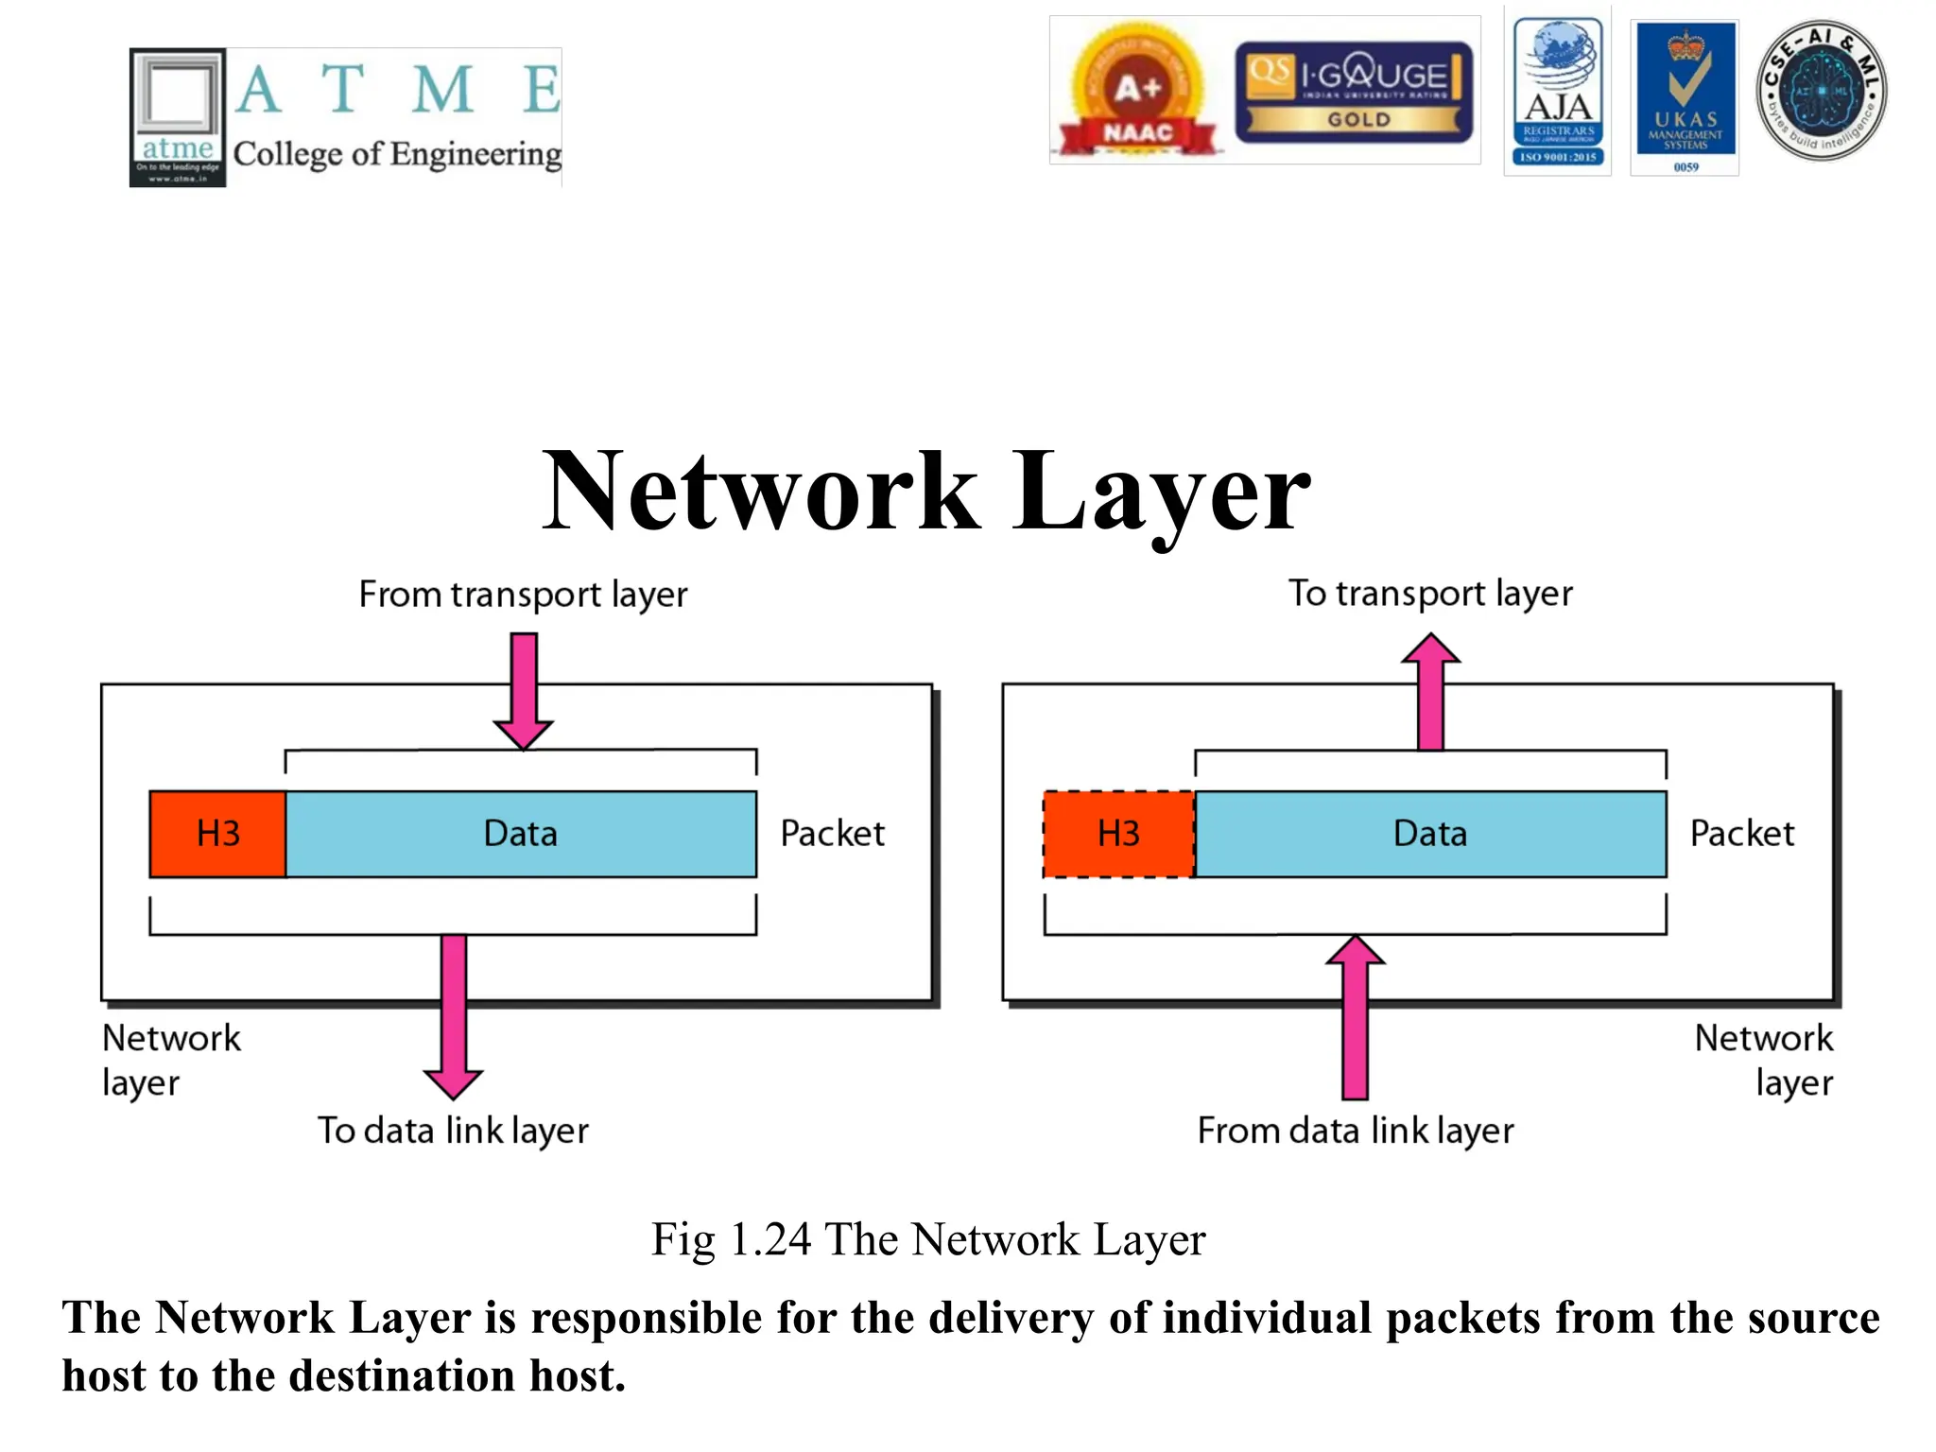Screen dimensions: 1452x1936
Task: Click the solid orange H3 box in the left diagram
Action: point(217,834)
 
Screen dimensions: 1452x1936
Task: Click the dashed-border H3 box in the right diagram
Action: point(1118,834)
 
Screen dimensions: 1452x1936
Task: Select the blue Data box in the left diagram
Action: point(520,834)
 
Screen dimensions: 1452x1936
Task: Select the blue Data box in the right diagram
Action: point(1430,834)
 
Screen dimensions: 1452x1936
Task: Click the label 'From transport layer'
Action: point(523,595)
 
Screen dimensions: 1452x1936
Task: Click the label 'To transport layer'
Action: point(1430,594)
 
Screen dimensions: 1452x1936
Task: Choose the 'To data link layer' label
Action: point(453,1131)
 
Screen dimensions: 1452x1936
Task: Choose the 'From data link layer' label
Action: point(1355,1131)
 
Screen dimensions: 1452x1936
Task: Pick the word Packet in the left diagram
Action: point(832,834)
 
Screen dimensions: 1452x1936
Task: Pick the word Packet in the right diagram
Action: point(1741,834)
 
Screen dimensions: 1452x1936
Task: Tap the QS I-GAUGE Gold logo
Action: point(1354,92)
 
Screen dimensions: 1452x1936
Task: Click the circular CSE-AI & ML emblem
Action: point(1821,91)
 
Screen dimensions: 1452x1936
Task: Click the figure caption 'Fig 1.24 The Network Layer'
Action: point(928,1239)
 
